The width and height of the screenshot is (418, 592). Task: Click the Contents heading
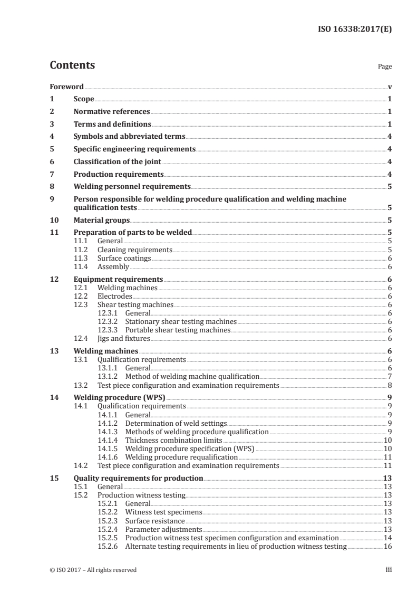pyautogui.click(x=72, y=65)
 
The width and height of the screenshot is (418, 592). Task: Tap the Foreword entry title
pyautogui.click(x=66, y=87)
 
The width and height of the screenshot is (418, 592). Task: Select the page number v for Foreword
pyautogui.click(x=389, y=87)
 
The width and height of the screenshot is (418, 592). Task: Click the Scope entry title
pyautogui.click(x=84, y=99)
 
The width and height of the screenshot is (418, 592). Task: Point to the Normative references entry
pyautogui.click(x=112, y=112)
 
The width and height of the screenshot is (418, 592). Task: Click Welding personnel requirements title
pyautogui.click(x=132, y=186)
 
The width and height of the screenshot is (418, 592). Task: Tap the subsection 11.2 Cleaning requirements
pyautogui.click(x=135, y=250)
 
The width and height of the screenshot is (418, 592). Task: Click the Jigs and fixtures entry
pyautogui.click(x=124, y=338)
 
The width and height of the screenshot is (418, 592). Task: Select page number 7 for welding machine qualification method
pyautogui.click(x=389, y=377)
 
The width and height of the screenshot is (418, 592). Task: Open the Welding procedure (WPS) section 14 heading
pyautogui.click(x=118, y=397)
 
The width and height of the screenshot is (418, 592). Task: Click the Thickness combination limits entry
pyautogui.click(x=173, y=440)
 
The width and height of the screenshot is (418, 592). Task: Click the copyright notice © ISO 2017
pyautogui.click(x=93, y=570)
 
